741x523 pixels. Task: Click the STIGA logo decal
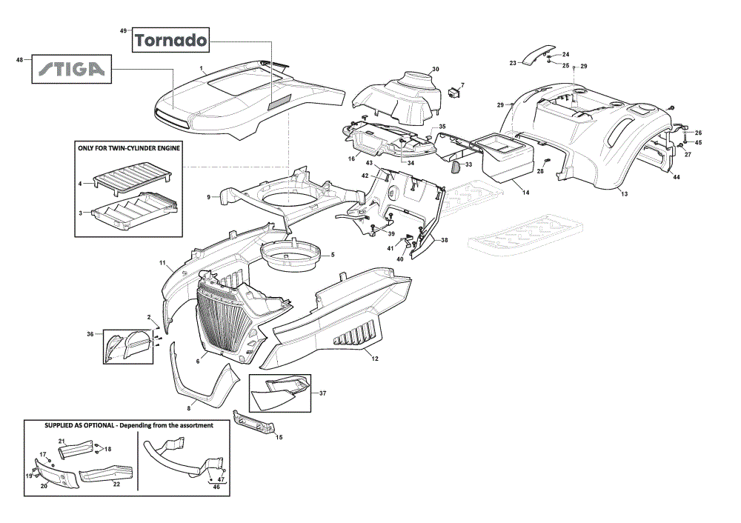tap(71, 69)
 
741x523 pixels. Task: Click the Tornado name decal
tap(170, 40)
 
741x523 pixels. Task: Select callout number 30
tap(435, 69)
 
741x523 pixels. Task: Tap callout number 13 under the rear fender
tap(624, 193)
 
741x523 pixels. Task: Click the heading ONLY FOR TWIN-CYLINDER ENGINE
tap(129, 148)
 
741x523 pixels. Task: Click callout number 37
tap(323, 393)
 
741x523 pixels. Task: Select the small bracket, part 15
tap(253, 422)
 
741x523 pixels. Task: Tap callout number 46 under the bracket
tap(216, 487)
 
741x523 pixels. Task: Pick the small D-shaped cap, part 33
tap(456, 166)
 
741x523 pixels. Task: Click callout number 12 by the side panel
tap(375, 359)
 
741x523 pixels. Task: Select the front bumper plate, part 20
tap(58, 473)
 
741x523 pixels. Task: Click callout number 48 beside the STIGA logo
tap(19, 59)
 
